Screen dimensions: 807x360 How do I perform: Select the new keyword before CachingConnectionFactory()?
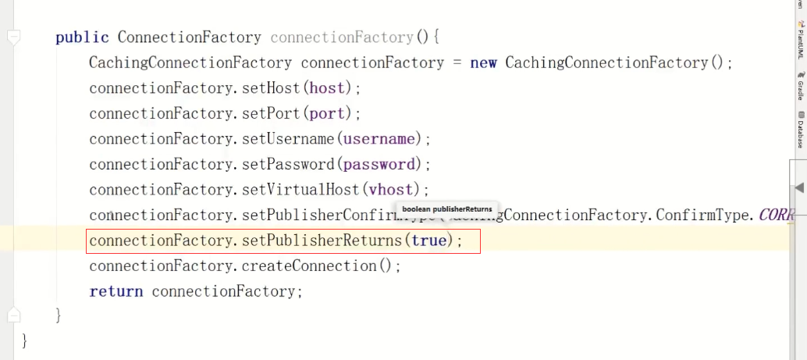483,62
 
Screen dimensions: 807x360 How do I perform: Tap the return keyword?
116,291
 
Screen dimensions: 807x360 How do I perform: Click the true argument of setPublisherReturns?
428,241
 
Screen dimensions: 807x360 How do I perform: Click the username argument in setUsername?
379,139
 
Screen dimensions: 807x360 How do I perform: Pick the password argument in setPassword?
379,164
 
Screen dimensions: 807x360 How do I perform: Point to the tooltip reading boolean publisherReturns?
447,209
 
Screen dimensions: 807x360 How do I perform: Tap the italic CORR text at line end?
776,215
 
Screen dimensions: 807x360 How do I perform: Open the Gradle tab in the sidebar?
801,87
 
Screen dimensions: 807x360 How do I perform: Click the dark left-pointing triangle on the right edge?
798,187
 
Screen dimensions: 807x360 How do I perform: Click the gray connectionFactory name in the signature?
342,37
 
